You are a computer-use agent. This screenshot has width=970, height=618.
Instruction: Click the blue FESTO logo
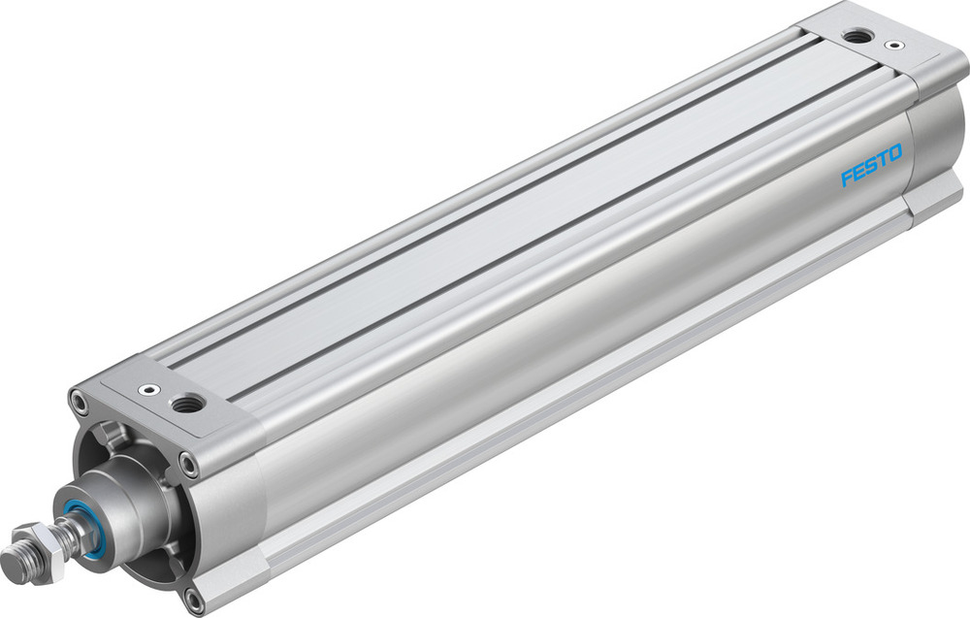pos(871,165)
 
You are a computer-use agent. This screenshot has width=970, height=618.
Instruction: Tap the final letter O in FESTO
pos(894,152)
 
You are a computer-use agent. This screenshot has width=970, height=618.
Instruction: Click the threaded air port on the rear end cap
pos(856,37)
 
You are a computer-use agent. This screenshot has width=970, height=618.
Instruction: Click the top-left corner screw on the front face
pos(76,397)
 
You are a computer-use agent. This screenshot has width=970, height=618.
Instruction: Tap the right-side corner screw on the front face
pos(191,466)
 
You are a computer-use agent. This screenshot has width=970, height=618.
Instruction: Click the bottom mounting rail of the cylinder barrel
pos(582,407)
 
